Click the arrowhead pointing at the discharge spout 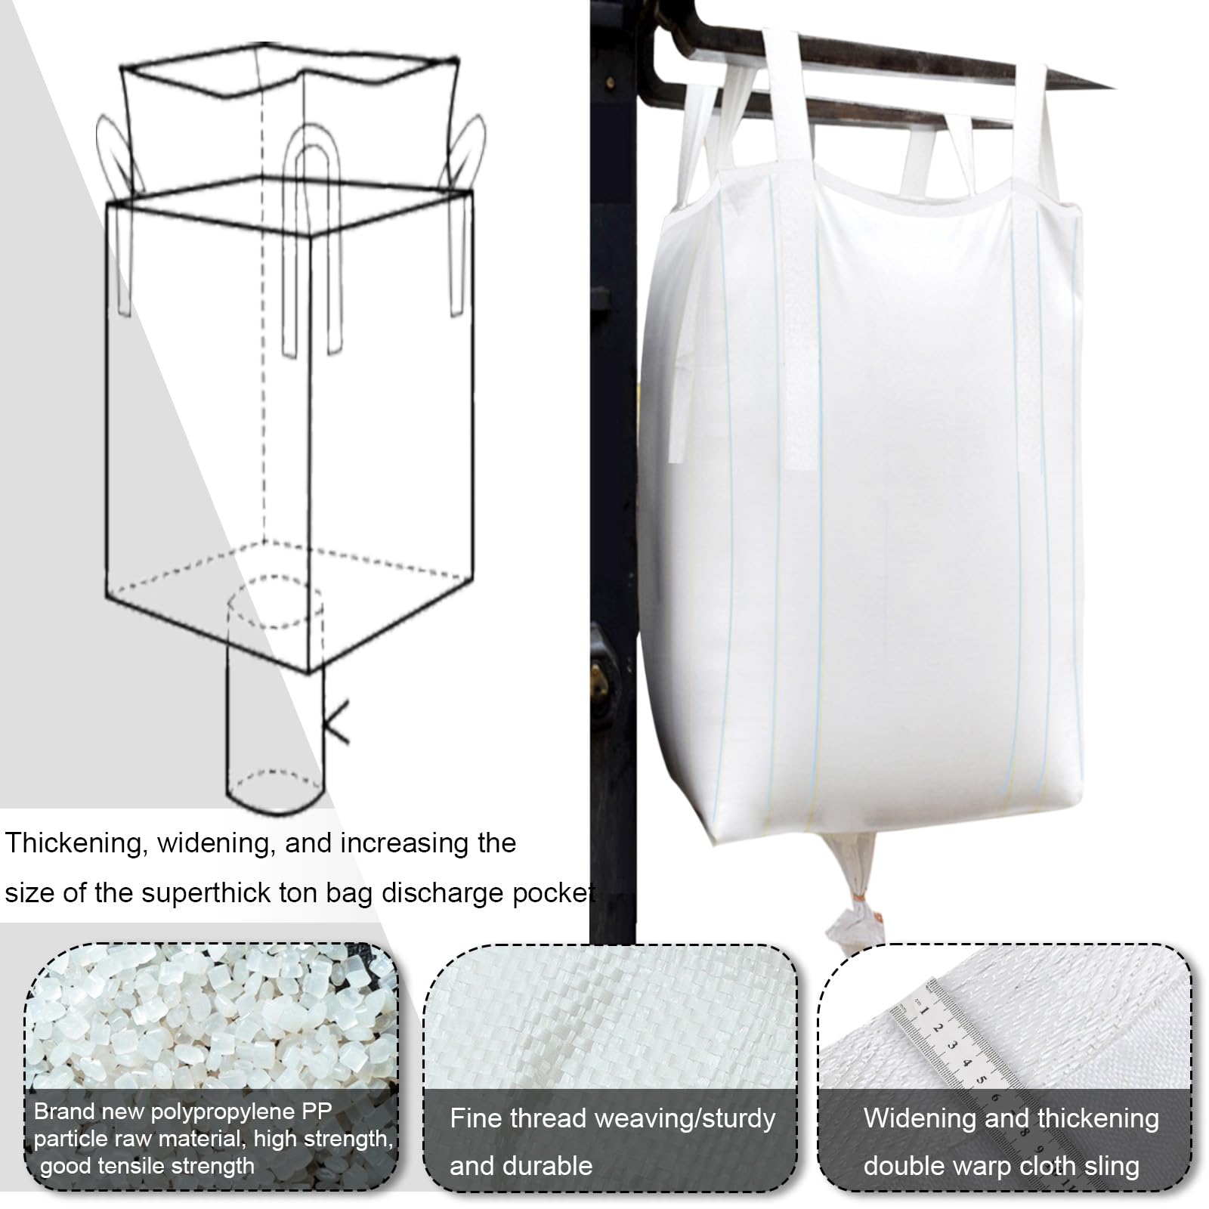click(335, 722)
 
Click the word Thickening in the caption click(74, 844)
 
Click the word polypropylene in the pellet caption click(239, 1112)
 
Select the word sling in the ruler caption click(1111, 1166)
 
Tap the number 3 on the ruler click(953, 1046)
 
